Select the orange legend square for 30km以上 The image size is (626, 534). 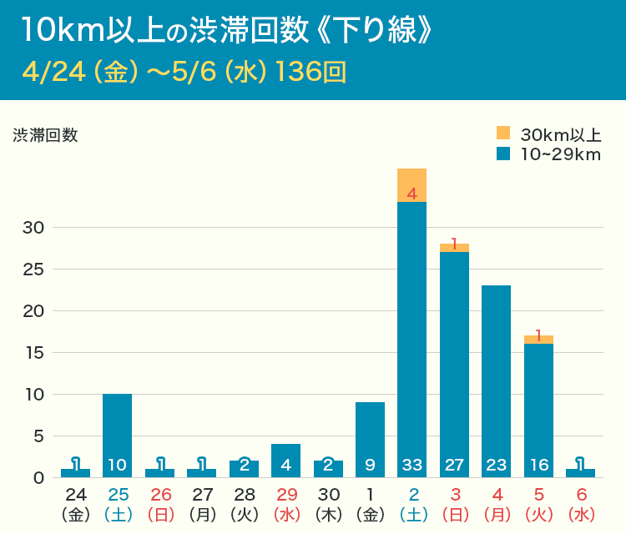(x=502, y=133)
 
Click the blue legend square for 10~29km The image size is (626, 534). (x=502, y=154)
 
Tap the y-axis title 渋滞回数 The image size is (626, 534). (x=45, y=135)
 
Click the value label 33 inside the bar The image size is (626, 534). (x=411, y=465)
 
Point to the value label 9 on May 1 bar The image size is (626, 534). (x=370, y=465)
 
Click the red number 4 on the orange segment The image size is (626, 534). (x=411, y=194)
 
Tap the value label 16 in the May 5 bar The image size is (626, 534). (x=538, y=465)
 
